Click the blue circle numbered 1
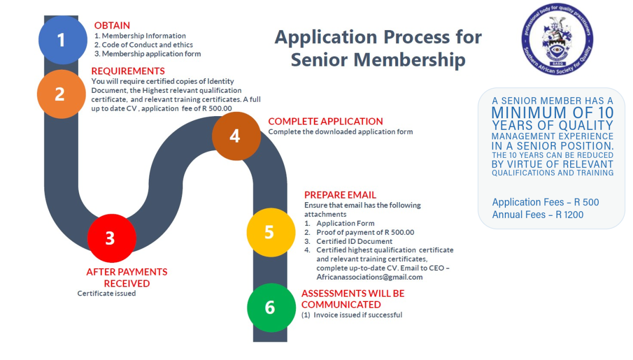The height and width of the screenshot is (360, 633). (x=63, y=40)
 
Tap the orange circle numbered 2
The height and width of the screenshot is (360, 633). (x=61, y=94)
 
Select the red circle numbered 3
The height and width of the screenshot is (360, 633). (x=112, y=238)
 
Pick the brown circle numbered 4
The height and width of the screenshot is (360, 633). (x=236, y=136)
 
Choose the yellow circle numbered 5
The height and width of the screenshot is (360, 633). (x=271, y=232)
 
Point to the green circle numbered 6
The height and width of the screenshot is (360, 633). (x=271, y=307)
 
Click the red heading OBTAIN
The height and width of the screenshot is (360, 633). (x=112, y=25)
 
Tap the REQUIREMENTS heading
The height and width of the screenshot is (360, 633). (x=128, y=71)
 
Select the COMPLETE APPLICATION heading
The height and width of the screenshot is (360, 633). (x=325, y=121)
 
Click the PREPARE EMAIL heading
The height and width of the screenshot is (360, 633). (x=340, y=195)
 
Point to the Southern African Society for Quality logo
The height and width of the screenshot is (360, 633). (x=557, y=39)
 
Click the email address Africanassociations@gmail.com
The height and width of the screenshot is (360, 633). (x=370, y=277)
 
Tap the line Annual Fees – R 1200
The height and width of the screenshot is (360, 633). (x=538, y=215)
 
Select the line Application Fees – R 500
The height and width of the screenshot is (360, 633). (x=545, y=202)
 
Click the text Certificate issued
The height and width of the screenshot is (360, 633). (x=107, y=293)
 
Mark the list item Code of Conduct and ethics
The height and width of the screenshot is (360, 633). (x=143, y=45)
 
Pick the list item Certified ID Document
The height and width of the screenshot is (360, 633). (x=349, y=241)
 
